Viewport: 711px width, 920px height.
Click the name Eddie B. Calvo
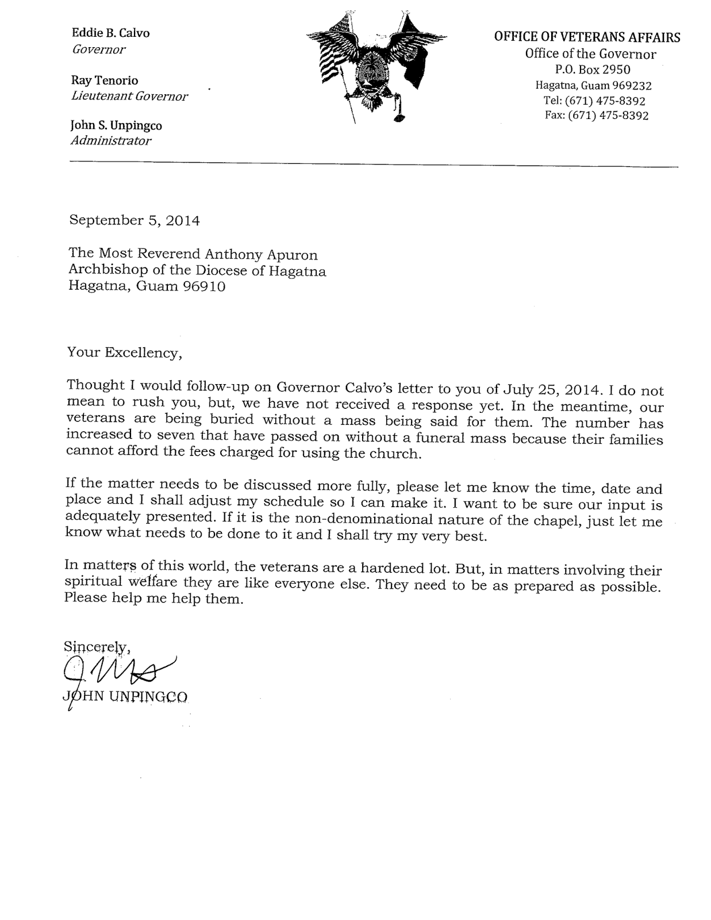click(x=110, y=33)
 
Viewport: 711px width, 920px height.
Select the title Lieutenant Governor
click(x=129, y=96)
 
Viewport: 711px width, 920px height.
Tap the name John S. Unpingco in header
click(x=116, y=125)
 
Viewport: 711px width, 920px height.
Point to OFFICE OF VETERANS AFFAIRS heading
click(x=587, y=37)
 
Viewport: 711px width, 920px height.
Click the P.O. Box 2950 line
click(x=593, y=70)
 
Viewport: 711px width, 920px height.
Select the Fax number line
click(x=596, y=115)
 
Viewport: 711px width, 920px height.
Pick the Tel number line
click(x=594, y=101)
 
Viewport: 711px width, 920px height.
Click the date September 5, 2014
click(x=134, y=220)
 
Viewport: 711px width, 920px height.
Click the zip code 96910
click(x=204, y=286)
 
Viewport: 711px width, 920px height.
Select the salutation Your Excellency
click(x=125, y=352)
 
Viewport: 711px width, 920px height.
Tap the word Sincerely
click(x=98, y=646)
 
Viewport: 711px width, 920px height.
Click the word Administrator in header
click(x=111, y=140)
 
